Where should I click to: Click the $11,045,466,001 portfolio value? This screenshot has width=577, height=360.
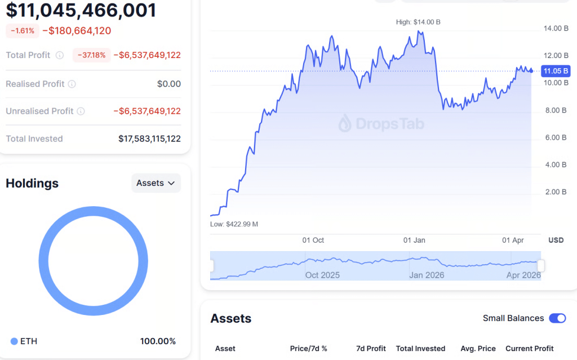coord(81,10)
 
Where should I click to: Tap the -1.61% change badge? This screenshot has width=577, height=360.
coord(23,30)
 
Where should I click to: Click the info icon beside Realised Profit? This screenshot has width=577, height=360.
coord(72,84)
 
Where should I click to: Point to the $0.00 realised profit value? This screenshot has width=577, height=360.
coord(169,84)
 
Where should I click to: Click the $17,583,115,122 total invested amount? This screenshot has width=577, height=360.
coord(149,139)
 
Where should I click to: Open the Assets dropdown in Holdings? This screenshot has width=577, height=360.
coord(156,183)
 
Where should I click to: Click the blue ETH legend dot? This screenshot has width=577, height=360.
coord(14,341)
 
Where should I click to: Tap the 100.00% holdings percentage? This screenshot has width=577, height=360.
coord(158,341)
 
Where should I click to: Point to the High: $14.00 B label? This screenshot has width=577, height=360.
coord(418,22)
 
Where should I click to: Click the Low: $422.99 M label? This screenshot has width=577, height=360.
coord(234,224)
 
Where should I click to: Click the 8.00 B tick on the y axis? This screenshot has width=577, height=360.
coord(556,110)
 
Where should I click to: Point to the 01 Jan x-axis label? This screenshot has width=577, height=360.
coord(414,240)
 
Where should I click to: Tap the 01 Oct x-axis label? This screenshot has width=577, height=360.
coord(313,240)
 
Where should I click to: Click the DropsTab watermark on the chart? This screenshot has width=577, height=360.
coord(381,124)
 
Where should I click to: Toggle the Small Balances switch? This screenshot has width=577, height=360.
coord(557,318)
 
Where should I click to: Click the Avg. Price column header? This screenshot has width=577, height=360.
coord(478,348)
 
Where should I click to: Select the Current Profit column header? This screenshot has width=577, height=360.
coord(529,348)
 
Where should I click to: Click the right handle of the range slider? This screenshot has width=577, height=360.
coord(541,265)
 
